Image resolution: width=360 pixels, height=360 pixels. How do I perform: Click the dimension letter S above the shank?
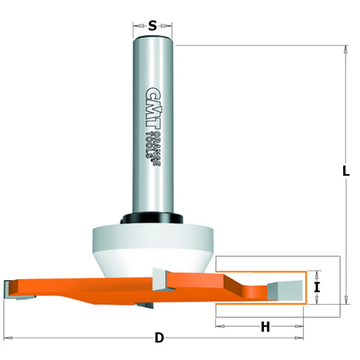pyautogui.click(x=153, y=26)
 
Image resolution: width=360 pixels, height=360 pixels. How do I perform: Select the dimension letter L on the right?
pyautogui.click(x=346, y=172)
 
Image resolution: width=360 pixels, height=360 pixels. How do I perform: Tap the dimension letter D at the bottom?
pyautogui.click(x=159, y=336)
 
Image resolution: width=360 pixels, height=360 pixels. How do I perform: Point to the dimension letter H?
pyautogui.click(x=265, y=327)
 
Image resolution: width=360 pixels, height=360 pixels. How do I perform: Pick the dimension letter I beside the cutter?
pyautogui.click(x=317, y=288)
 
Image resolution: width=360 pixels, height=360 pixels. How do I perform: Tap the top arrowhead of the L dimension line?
pyautogui.click(x=345, y=49)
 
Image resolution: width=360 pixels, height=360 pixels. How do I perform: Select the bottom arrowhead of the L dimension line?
pyautogui.click(x=345, y=299)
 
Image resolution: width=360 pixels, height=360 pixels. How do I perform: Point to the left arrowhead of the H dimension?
pyautogui.click(x=220, y=327)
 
